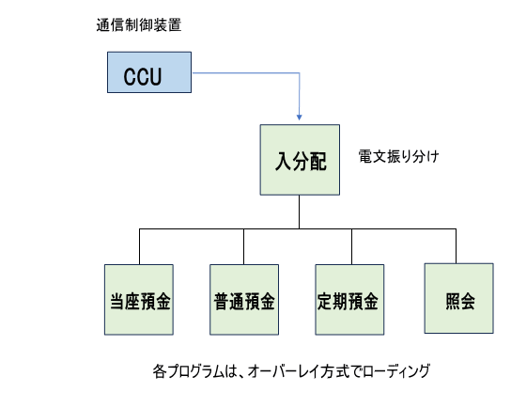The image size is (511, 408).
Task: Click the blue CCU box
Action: click(x=149, y=72)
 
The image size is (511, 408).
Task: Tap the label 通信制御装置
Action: click(x=139, y=25)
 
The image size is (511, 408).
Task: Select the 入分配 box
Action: click(x=300, y=160)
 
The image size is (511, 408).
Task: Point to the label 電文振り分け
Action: click(x=398, y=157)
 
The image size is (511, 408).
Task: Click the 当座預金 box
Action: click(x=139, y=300)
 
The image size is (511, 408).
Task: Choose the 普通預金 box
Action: click(x=244, y=300)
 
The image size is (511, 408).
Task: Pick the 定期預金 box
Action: click(x=349, y=300)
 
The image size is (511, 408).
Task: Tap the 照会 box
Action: click(x=458, y=298)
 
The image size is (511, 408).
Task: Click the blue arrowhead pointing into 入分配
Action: click(x=299, y=118)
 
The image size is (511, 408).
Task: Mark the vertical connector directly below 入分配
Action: click(x=299, y=212)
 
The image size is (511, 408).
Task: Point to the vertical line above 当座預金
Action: click(x=139, y=246)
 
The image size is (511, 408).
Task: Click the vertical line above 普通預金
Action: click(x=244, y=246)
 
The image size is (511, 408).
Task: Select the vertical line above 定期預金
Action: click(x=351, y=246)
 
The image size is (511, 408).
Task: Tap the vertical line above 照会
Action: click(x=456, y=246)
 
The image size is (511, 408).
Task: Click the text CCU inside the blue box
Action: click(x=143, y=77)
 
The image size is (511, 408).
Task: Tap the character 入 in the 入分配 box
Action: click(x=283, y=161)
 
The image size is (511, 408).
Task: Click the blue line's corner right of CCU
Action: click(x=299, y=73)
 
